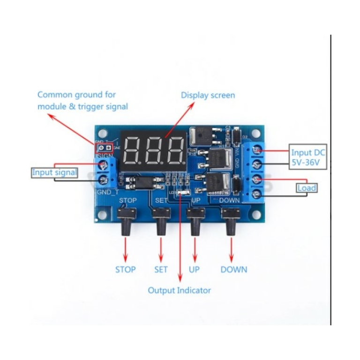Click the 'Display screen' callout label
pyautogui.click(x=208, y=95)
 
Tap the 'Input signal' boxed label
pyautogui.click(x=54, y=172)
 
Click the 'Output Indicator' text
pyautogui.click(x=179, y=290)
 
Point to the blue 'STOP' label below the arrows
pyautogui.click(x=125, y=270)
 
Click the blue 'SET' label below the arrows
pyautogui.click(x=161, y=270)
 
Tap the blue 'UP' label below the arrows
pyautogui.click(x=194, y=270)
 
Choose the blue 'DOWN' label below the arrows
pyautogui.click(x=233, y=270)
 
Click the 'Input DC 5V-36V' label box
pyautogui.click(x=307, y=157)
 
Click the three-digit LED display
pyautogui.click(x=153, y=150)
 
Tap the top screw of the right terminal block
pyautogui.click(x=257, y=150)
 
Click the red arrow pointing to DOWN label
pyautogui.click(x=231, y=249)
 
